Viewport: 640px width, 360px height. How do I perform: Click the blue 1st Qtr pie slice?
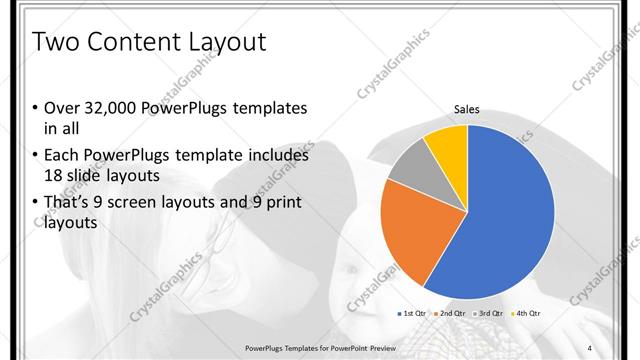pos(510,215)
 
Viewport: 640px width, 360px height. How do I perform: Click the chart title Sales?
pos(467,109)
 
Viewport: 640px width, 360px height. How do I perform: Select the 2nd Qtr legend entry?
pos(450,314)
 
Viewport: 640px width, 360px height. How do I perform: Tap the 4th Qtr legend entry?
pos(526,314)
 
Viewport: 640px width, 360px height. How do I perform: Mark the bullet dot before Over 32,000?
pos(35,108)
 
